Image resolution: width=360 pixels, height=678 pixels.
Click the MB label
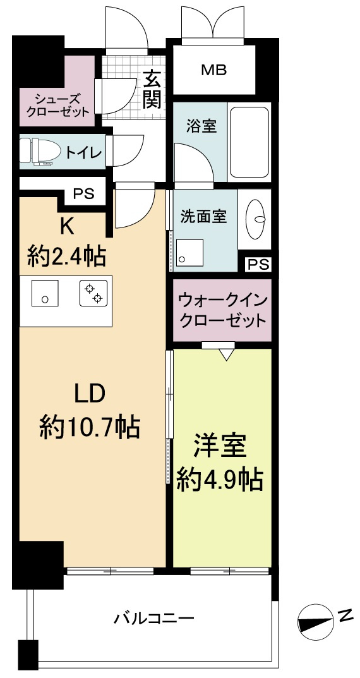[213, 70]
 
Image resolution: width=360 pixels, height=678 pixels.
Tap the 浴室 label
[201, 126]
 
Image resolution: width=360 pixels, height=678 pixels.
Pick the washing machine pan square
[189, 252]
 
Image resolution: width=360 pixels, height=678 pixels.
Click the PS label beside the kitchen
[83, 194]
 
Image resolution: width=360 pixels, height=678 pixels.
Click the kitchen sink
[45, 293]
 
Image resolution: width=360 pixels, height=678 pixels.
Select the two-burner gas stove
[93, 293]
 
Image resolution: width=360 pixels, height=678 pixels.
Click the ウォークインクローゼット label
[222, 310]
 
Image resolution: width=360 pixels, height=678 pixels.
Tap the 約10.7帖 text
[90, 427]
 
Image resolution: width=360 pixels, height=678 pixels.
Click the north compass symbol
[316, 623]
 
